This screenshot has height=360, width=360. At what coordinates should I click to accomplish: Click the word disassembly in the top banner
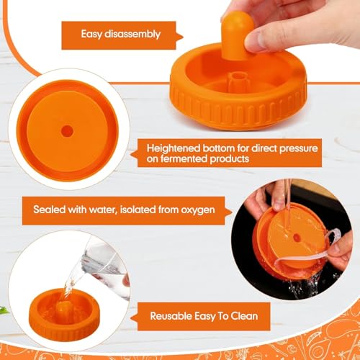point(132,35)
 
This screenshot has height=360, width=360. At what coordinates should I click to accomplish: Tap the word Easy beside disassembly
point(91,35)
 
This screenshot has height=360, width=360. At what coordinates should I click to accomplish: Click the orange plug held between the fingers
point(236,35)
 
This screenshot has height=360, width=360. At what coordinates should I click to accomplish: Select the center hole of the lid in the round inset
point(67,131)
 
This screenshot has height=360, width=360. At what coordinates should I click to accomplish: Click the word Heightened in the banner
point(174,148)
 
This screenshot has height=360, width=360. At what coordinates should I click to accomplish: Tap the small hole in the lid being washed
point(297,238)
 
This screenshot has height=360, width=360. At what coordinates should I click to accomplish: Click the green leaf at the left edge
point(4,310)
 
